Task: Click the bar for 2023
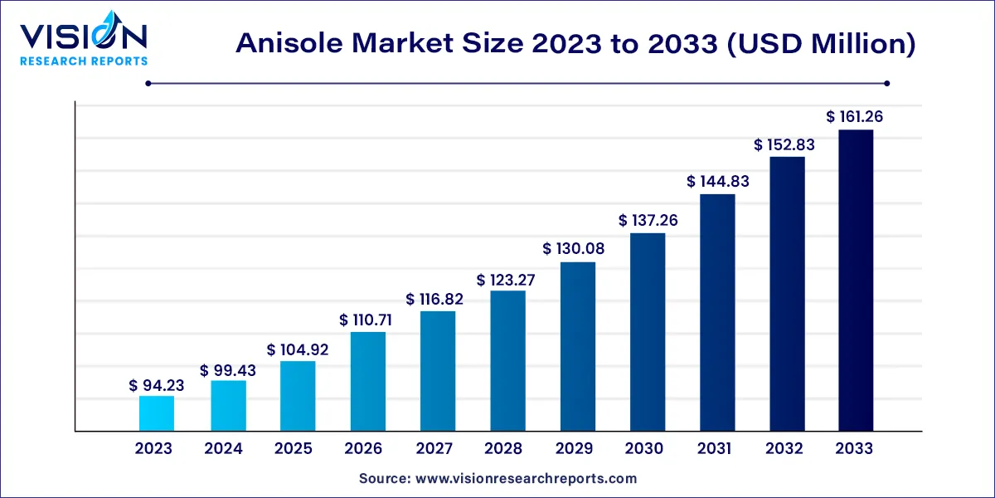pyautogui.click(x=156, y=413)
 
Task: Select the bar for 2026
pyautogui.click(x=367, y=381)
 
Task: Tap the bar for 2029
pyautogui.click(x=578, y=346)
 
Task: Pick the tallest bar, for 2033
pyautogui.click(x=855, y=281)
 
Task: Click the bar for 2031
pyautogui.click(x=717, y=312)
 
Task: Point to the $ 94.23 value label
pyautogui.click(x=157, y=385)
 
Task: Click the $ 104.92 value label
pyautogui.click(x=298, y=350)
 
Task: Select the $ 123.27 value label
pyautogui.click(x=506, y=280)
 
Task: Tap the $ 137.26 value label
pyautogui.click(x=648, y=221)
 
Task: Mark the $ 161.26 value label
pyautogui.click(x=855, y=117)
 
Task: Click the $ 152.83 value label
pyautogui.click(x=784, y=144)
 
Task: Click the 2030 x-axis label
pyautogui.click(x=644, y=449)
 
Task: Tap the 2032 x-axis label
pyautogui.click(x=784, y=449)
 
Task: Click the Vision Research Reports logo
pyautogui.click(x=84, y=41)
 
